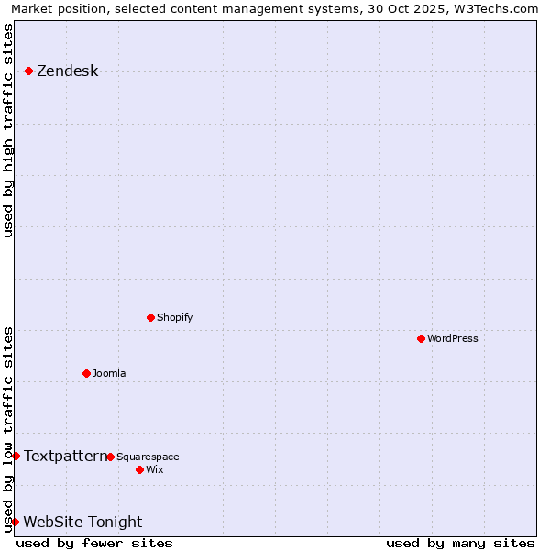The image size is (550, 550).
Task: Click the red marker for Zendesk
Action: click(x=28, y=71)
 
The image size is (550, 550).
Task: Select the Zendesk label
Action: click(x=67, y=71)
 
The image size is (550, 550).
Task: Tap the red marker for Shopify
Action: click(x=150, y=317)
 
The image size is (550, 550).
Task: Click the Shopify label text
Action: click(x=174, y=317)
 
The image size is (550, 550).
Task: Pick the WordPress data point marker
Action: click(x=421, y=338)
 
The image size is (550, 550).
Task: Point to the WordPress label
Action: click(x=452, y=338)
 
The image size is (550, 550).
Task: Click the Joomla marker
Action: click(x=86, y=373)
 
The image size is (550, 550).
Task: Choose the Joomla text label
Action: click(x=109, y=373)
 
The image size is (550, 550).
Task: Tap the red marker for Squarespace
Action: click(x=110, y=456)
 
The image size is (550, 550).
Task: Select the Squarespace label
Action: click(x=148, y=456)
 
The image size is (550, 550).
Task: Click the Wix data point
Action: click(x=139, y=469)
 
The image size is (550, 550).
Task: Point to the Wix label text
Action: click(x=154, y=469)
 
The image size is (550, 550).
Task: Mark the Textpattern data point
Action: click(x=16, y=456)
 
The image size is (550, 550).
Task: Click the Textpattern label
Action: click(x=64, y=456)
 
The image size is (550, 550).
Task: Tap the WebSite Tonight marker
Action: click(x=15, y=522)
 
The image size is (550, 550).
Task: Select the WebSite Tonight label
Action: click(x=82, y=522)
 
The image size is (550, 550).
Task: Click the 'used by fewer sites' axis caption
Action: click(x=94, y=543)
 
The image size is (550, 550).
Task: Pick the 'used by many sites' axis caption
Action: click(x=460, y=543)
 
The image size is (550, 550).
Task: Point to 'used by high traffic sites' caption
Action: click(x=9, y=130)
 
